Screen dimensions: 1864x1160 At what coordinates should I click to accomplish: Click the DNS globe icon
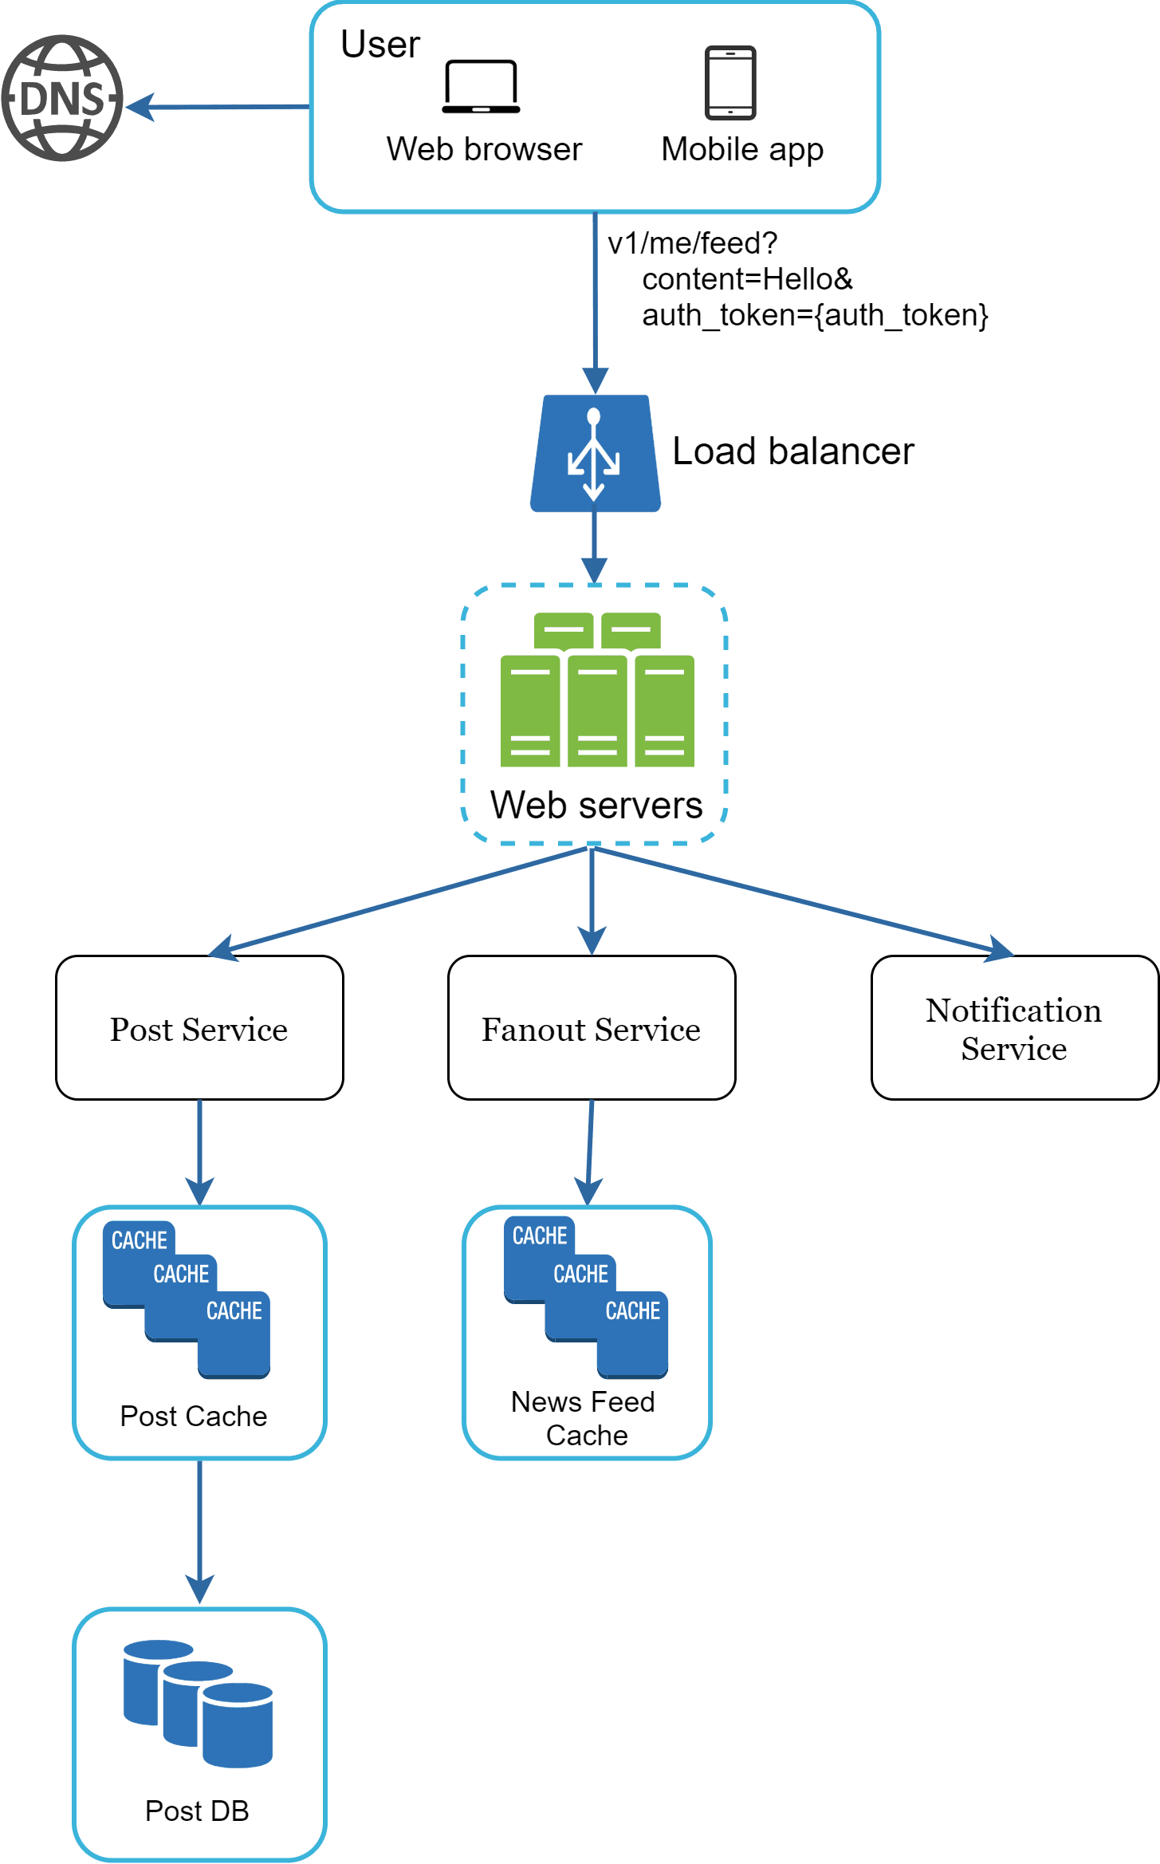tap(62, 98)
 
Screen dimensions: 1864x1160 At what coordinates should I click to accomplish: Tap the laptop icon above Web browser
tap(481, 86)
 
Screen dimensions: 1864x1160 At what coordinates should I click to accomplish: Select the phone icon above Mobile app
tap(729, 83)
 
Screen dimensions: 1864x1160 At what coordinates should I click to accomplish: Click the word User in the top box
tap(379, 45)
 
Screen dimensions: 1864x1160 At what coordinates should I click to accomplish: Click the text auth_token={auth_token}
tap(815, 316)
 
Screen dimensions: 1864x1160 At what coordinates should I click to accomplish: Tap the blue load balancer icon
tap(595, 453)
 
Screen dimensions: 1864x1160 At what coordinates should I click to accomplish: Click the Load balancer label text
tap(792, 451)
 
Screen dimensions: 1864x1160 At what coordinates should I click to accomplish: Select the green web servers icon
tap(597, 691)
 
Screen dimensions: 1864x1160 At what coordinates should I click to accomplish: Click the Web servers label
tap(596, 805)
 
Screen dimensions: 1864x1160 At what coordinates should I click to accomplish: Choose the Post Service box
tap(199, 1028)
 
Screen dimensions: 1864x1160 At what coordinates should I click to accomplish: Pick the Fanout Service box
tap(591, 1028)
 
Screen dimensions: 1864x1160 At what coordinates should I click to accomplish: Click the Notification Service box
tap(1013, 1028)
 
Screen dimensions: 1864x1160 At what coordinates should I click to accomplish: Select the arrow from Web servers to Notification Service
tap(797, 899)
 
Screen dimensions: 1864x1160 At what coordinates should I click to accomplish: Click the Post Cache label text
tap(194, 1417)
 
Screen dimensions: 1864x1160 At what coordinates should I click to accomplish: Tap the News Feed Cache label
tap(584, 1419)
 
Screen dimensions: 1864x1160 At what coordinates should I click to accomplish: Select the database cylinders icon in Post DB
tap(198, 1704)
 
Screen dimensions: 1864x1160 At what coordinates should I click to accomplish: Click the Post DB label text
tap(197, 1811)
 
